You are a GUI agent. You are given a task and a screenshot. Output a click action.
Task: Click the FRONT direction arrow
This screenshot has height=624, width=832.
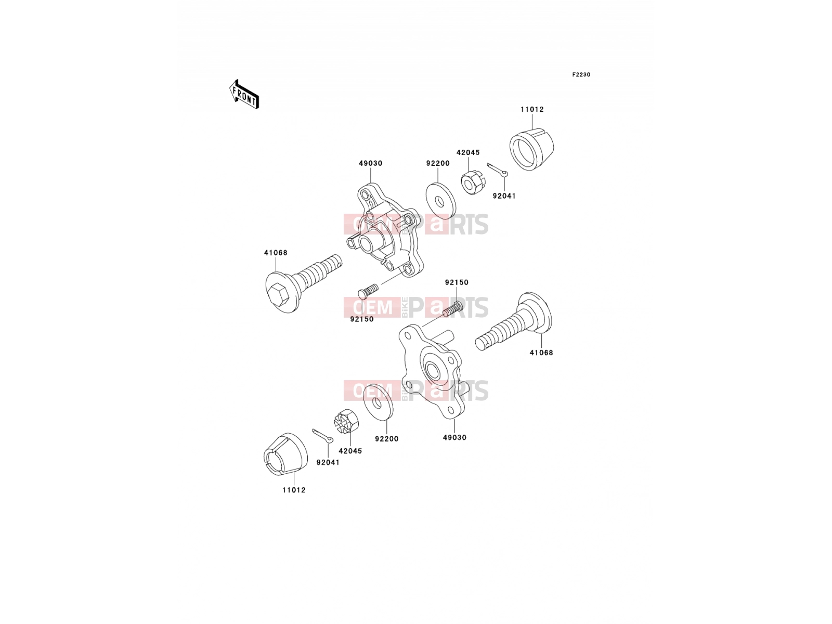point(244,94)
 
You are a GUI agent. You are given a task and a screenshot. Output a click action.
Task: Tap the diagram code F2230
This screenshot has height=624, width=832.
point(581,75)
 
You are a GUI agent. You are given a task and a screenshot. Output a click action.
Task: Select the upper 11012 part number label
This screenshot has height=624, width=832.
point(532,110)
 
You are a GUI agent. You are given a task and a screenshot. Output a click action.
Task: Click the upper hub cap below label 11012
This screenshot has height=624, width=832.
point(531,150)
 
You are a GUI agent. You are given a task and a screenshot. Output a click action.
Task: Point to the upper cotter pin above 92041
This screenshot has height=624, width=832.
point(497,171)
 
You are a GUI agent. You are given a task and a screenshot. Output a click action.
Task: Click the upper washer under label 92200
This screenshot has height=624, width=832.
point(440,201)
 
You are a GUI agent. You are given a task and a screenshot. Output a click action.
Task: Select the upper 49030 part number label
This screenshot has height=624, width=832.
point(370,163)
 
